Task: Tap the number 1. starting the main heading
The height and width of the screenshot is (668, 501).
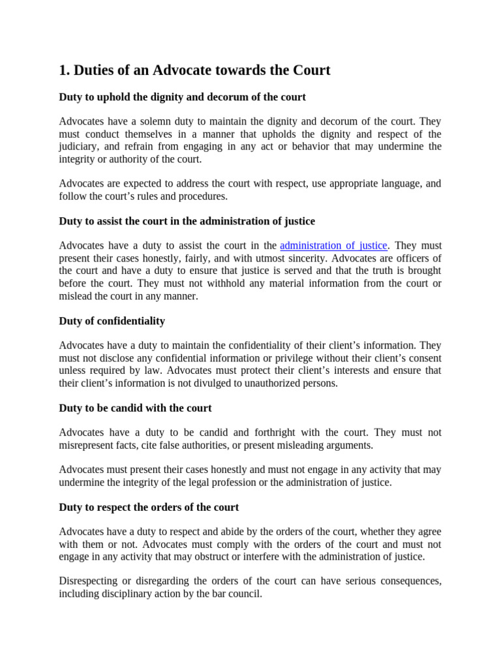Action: point(65,70)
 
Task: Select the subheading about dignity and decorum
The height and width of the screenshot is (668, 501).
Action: point(182,97)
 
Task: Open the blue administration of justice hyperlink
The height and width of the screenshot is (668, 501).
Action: point(334,246)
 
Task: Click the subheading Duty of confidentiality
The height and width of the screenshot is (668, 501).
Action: point(112,321)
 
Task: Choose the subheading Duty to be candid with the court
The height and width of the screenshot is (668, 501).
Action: point(135,408)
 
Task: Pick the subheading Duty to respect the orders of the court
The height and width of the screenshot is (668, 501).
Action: point(149,507)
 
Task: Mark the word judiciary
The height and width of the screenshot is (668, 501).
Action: point(80,147)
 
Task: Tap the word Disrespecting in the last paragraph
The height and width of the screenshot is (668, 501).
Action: point(89,581)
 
